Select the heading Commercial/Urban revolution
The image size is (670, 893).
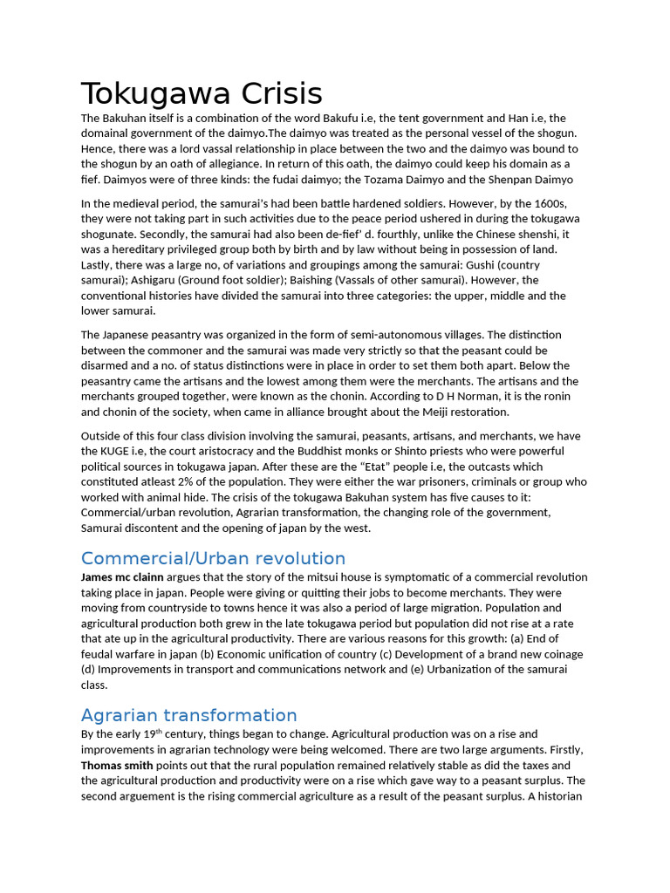213,558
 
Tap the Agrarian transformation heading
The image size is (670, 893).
188,715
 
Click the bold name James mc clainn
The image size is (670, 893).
121,577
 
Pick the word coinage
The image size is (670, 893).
558,654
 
